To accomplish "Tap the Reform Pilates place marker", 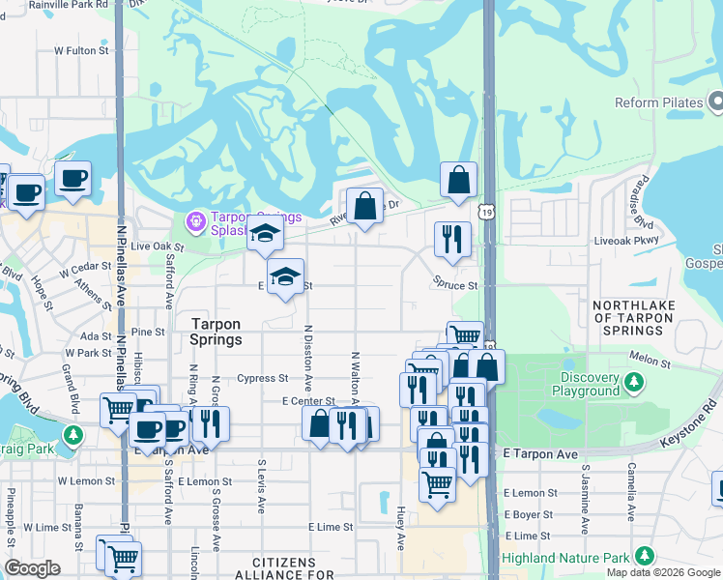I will (716, 101).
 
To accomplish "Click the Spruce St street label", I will (455, 286).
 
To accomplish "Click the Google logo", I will (32, 567).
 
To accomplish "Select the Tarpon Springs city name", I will (216, 333).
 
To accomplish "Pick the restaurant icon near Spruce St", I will (452, 239).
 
